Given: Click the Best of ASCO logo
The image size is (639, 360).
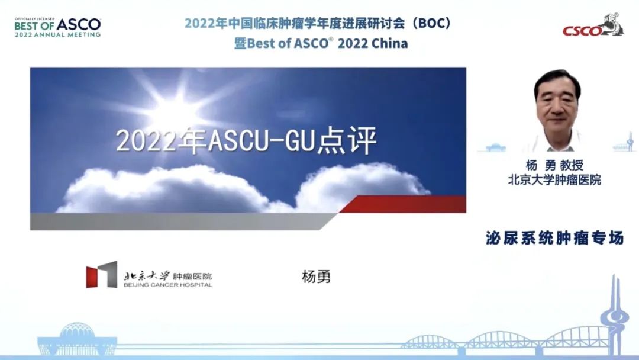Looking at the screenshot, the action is [57, 28].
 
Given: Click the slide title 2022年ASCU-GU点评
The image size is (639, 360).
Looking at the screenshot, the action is [246, 141].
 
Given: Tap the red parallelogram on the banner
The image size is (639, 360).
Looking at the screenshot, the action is [403, 204].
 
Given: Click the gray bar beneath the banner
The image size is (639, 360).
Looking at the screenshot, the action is [183, 221].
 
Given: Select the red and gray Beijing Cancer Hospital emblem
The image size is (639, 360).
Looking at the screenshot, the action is [102, 275].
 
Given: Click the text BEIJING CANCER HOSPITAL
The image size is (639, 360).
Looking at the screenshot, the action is [168, 285].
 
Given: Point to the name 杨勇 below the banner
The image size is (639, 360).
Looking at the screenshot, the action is [316, 277].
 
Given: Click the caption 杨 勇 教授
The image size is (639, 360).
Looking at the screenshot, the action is [554, 165].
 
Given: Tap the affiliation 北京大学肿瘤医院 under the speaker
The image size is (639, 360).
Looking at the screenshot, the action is [554, 180].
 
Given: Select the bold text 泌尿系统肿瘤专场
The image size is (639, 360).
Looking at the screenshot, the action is [554, 237].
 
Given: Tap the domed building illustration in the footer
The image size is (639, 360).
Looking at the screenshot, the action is [78, 339].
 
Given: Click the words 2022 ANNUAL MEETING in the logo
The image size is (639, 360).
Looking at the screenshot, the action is [57, 35].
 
